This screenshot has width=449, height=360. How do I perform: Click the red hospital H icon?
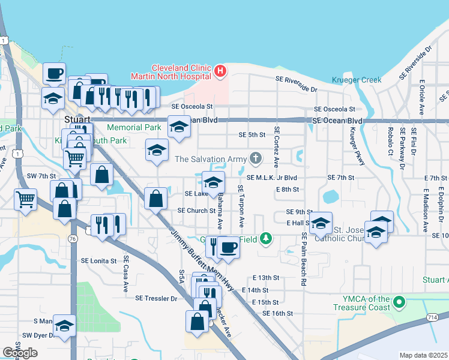click(x=220, y=72)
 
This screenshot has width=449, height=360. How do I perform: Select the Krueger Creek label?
click(x=356, y=80)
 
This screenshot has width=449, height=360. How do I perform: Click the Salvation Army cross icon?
click(x=256, y=158)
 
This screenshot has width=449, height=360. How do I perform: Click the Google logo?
click(x=20, y=353)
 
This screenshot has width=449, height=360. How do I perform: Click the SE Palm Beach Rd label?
click(x=305, y=259)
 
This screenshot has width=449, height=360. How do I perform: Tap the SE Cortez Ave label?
click(x=277, y=146)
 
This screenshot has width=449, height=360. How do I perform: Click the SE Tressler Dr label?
click(x=157, y=298)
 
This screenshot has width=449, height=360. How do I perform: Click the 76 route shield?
click(x=73, y=239)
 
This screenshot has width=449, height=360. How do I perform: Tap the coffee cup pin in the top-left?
click(x=55, y=73)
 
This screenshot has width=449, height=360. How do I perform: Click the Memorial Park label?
click(x=134, y=128)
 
